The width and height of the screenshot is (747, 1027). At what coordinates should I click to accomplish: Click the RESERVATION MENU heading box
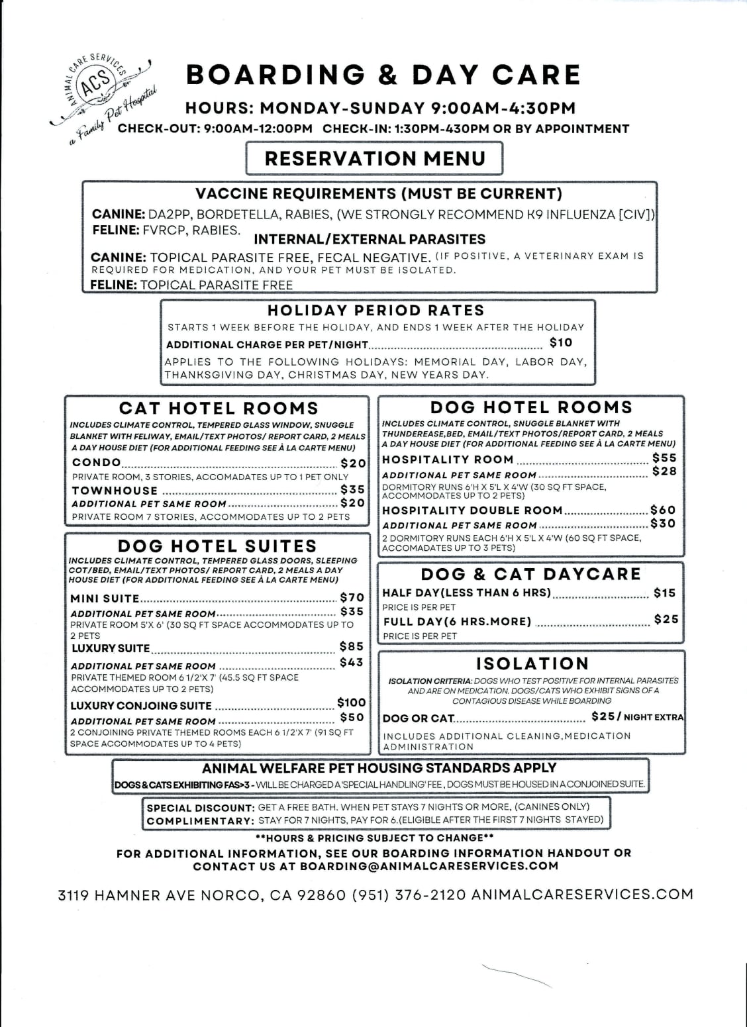pos(375,159)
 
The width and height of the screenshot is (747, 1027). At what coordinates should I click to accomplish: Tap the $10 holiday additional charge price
pos(561,342)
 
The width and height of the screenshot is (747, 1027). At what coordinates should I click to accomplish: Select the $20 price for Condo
pos(353,464)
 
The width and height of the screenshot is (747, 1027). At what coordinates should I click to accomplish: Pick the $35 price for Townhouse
pos(353,489)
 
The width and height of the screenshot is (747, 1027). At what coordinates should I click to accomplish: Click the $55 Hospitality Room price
pos(664,458)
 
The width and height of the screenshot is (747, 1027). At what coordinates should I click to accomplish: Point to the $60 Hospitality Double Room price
pos(663,510)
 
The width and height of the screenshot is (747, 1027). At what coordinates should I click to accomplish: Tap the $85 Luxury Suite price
pos(352,646)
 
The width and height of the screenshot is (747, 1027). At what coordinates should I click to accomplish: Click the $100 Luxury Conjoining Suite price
pos(351,703)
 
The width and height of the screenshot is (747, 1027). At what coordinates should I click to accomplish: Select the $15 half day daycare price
pos(664,593)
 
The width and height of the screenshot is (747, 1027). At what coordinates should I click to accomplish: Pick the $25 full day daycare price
pos(666,619)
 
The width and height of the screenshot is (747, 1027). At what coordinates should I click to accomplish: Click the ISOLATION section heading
pos(532,663)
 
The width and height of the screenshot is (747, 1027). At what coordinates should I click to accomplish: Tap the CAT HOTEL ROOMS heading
pos(219,409)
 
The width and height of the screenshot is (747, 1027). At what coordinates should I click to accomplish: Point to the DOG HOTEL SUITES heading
pos(217,546)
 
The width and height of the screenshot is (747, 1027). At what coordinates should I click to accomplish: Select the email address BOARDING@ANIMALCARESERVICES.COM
pos(429,866)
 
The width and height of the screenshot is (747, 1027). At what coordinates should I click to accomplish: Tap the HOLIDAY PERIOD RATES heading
pos(376,311)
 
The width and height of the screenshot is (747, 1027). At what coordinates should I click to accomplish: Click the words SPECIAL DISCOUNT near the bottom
pos(201,808)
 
